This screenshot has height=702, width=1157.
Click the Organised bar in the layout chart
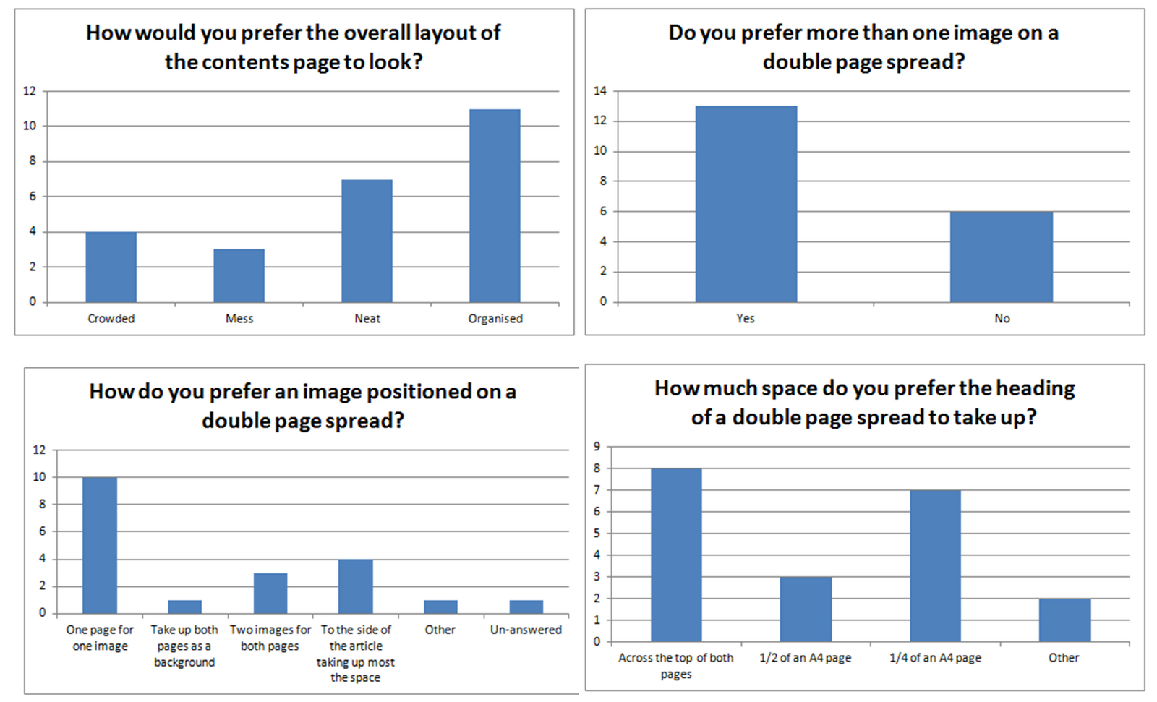[495, 206]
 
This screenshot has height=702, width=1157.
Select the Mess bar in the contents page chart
[239, 275]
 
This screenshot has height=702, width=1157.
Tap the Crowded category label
[111, 319]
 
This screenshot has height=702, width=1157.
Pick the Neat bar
[367, 241]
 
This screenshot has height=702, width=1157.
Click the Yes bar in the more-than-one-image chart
[746, 204]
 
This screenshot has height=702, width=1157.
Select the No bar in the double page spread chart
[1002, 257]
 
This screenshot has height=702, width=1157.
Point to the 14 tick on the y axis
[600, 91]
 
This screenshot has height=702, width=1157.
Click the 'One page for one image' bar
[100, 545]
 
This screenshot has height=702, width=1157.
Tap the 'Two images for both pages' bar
[270, 593]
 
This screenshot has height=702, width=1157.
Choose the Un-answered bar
[526, 607]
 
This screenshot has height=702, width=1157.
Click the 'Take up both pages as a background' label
[184, 646]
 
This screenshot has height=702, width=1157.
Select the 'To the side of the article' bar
[356, 586]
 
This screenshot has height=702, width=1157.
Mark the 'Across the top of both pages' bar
[676, 555]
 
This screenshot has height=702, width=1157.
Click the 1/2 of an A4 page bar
[806, 609]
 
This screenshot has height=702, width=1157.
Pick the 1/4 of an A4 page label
[935, 658]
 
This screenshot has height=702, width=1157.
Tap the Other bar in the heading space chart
[1064, 620]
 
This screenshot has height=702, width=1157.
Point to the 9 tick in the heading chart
[597, 447]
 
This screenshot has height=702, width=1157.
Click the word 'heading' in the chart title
[1036, 388]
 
